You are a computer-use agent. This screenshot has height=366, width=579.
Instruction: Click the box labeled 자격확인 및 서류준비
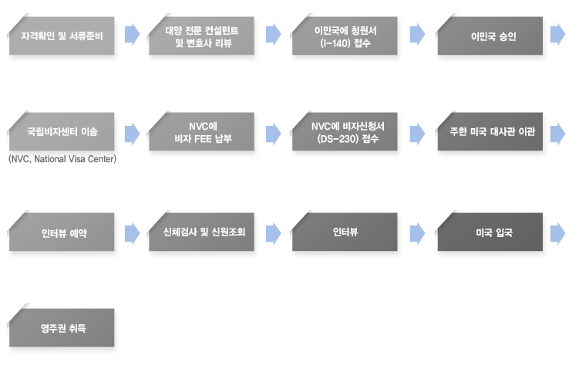coord(62,36)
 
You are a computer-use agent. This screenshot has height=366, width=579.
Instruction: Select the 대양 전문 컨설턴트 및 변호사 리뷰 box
coord(202,36)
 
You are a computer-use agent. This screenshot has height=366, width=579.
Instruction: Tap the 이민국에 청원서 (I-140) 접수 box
coord(345,36)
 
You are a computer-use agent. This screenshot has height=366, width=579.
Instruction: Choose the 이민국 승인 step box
coord(490,36)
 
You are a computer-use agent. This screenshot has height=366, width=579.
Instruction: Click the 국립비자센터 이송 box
coord(62,131)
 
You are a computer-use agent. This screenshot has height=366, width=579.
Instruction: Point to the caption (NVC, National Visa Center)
coord(62,159)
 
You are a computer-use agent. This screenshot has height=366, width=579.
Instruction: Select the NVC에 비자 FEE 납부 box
coord(202,131)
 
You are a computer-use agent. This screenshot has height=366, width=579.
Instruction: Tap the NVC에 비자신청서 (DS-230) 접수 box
coord(345,131)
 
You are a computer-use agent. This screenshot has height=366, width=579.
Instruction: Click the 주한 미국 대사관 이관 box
coord(490,131)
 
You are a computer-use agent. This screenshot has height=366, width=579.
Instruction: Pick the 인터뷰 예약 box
coord(62,232)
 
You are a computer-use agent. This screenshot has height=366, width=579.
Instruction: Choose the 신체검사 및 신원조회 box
coord(202,232)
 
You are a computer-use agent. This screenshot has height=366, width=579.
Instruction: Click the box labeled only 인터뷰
coord(345,232)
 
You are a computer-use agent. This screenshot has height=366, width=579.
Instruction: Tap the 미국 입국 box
coord(490,232)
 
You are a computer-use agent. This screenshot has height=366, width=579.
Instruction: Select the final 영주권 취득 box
coord(62,327)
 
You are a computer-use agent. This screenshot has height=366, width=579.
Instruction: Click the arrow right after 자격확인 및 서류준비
coord(132,35)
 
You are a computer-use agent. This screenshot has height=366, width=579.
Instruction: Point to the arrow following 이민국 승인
coord(557,35)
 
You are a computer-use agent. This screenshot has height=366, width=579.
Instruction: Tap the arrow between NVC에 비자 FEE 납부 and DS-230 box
coord(273,134)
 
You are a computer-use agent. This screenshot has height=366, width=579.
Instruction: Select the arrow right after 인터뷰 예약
coord(132,234)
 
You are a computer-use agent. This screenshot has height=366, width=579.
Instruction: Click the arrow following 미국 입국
coord(557,234)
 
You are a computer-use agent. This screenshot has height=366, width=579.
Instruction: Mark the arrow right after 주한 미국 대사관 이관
coord(557,134)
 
